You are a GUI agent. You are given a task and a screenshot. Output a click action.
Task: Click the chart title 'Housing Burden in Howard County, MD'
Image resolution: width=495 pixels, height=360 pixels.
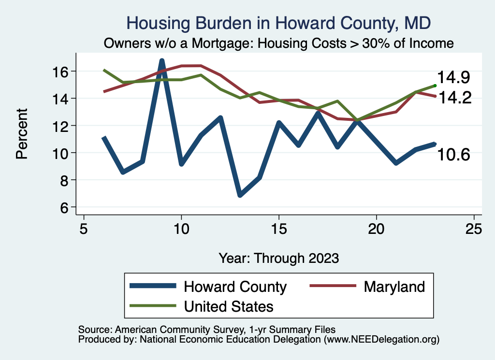pos(278,23)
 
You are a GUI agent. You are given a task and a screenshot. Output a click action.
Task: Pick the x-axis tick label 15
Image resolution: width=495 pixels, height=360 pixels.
pos(278,228)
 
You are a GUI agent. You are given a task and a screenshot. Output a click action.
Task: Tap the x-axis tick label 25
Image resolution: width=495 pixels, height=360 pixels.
pos(474,228)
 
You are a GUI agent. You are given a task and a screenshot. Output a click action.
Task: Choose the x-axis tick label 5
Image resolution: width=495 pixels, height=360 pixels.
pos(84,228)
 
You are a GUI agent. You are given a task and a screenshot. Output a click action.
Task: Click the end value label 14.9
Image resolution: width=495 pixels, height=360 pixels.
pos(454,77)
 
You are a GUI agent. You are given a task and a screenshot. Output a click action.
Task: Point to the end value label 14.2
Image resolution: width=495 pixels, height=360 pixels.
pos(454,98)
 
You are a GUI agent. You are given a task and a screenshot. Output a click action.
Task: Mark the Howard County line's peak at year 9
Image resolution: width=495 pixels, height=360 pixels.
pos(162,60)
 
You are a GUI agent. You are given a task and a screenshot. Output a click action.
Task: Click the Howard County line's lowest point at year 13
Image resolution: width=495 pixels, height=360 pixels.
pos(240,195)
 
